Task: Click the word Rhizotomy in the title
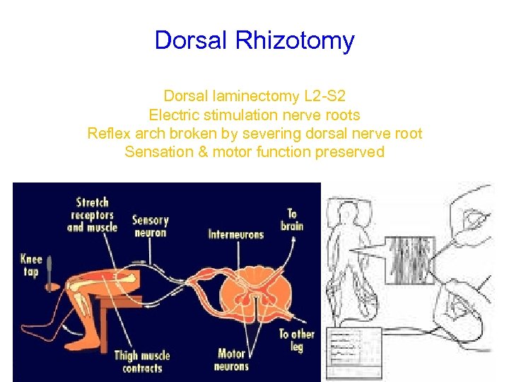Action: click(x=295, y=40)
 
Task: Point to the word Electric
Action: click(x=177, y=115)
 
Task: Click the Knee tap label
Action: click(x=31, y=266)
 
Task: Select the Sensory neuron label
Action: click(x=150, y=226)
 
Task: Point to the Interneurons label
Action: click(x=235, y=234)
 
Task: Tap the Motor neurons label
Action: click(x=232, y=359)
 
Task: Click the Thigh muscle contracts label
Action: click(x=142, y=361)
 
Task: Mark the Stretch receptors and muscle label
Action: click(x=92, y=215)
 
